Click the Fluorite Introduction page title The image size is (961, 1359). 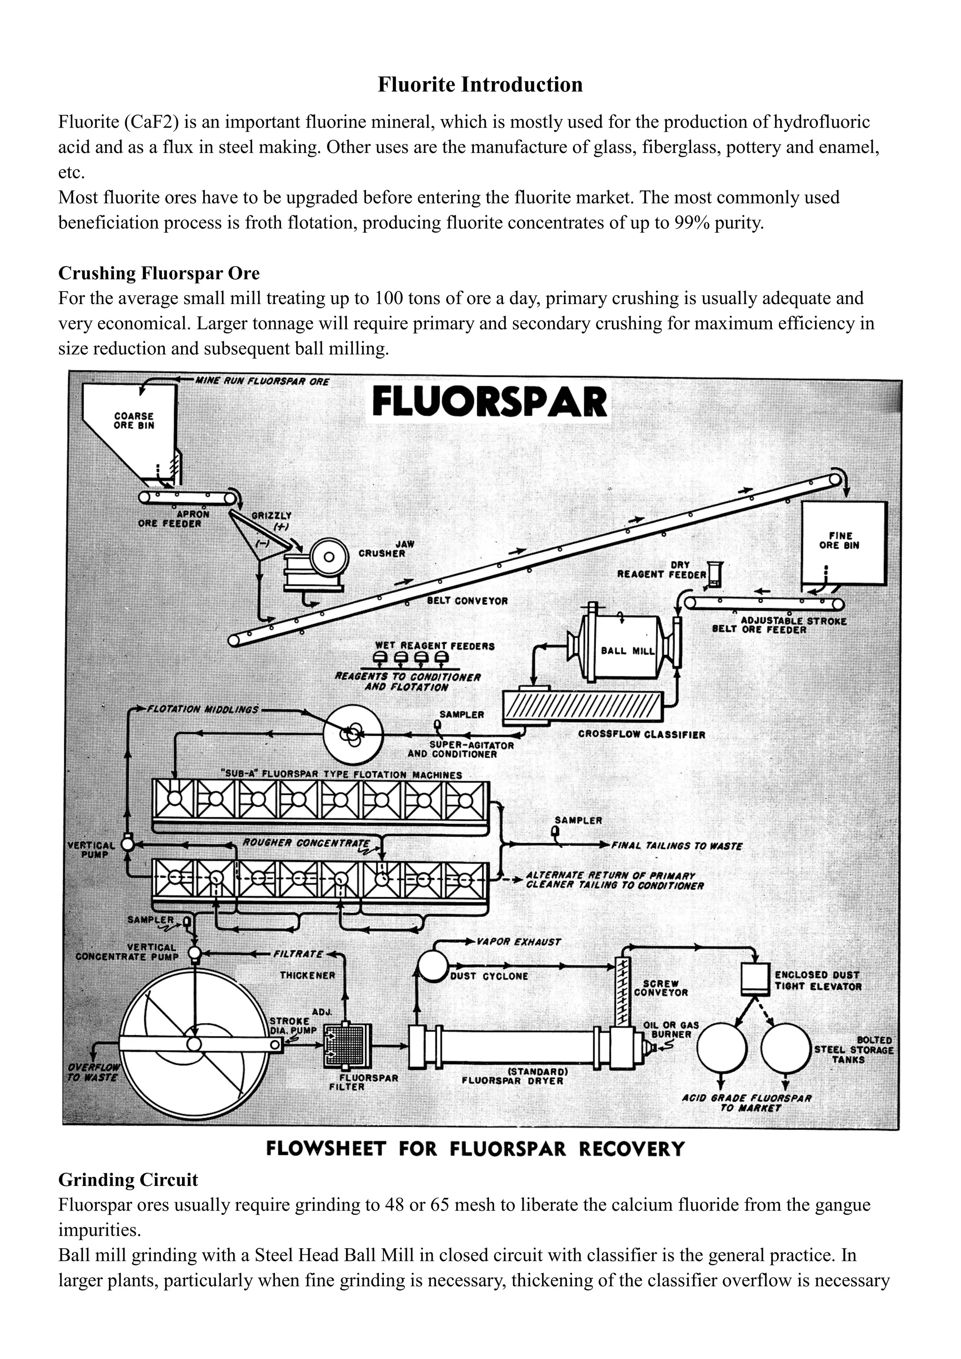point(480,84)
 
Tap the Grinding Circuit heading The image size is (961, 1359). point(128,1180)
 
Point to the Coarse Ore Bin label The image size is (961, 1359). point(134,420)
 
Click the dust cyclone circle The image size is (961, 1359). point(434,966)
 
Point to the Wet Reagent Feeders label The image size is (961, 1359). point(435,646)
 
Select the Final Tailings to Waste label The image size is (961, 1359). point(676,846)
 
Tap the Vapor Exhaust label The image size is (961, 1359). point(519,941)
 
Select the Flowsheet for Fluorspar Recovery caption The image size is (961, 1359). point(474,1148)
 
